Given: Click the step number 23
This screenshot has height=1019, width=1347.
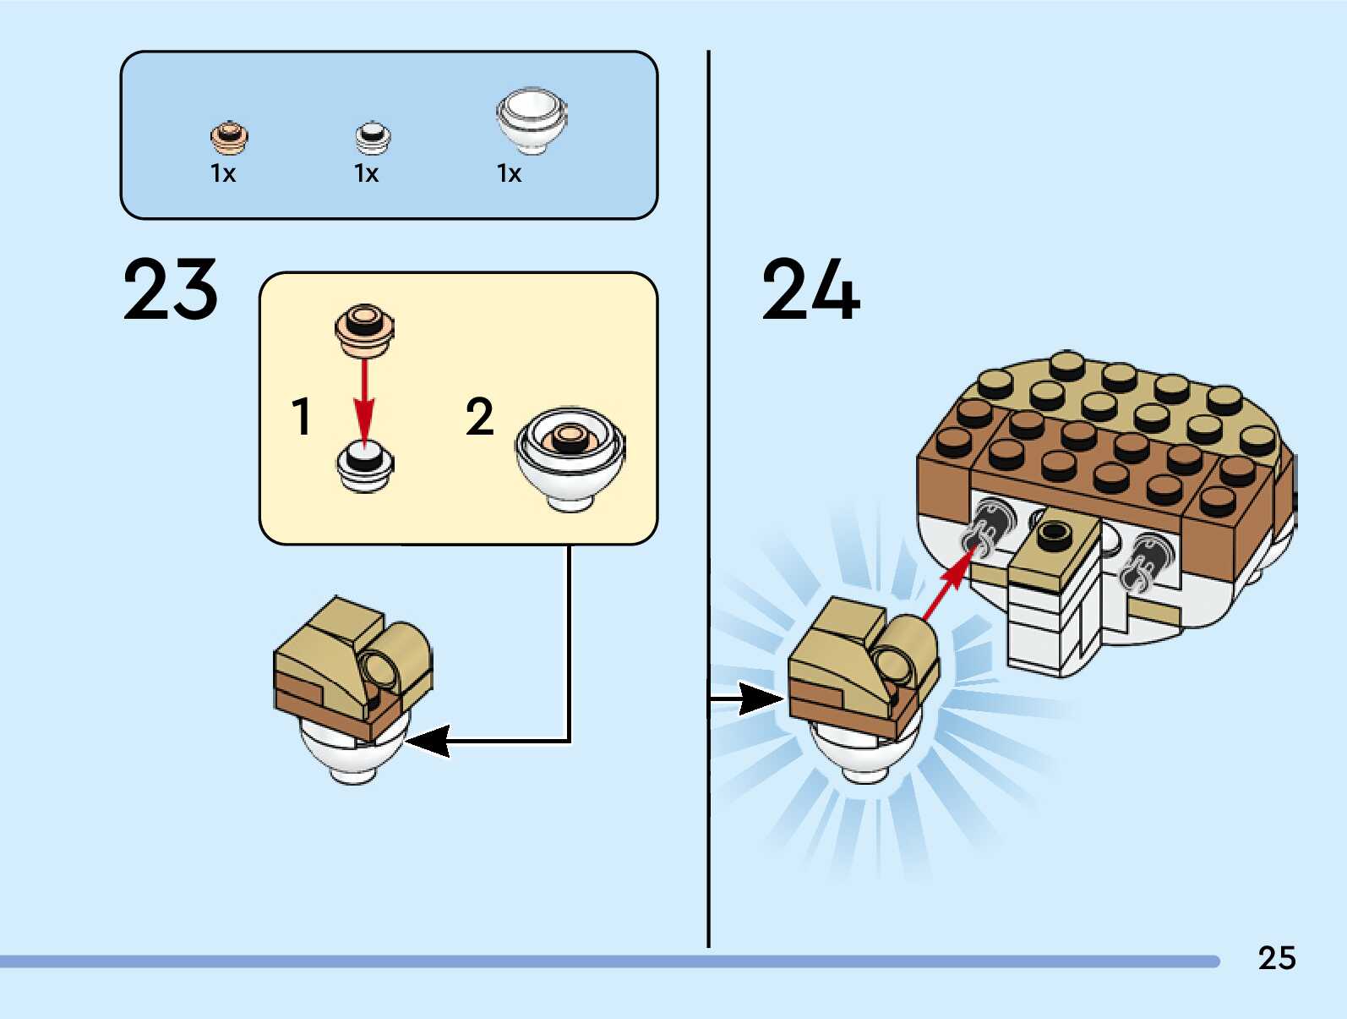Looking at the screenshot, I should coord(171,290).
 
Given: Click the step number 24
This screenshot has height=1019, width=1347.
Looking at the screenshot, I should coord(810,290).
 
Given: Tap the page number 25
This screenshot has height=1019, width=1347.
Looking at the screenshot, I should coord(1276,958).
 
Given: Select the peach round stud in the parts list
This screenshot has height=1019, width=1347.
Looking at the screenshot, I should coord(229,136).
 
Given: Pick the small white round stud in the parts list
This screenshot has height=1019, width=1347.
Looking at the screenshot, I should coord(373,137).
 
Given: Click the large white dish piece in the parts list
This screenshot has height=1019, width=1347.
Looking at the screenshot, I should coord(532,119).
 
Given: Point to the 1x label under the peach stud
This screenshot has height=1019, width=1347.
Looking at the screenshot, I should coord(223,173).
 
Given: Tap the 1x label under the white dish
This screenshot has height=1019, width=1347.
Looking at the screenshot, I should coord(510,173).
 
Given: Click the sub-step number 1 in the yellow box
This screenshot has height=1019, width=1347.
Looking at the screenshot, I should coord(301,416).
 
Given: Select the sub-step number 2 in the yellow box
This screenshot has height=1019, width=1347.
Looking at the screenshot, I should coord(479,417).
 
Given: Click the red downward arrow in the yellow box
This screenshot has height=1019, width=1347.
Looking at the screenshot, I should coord(364,397).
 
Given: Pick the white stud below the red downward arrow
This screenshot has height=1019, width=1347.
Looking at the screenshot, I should coord(365,467).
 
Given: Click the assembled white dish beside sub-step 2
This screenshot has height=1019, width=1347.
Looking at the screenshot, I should coord(570,458).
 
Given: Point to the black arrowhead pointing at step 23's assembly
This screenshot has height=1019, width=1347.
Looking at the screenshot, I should coord(428,742).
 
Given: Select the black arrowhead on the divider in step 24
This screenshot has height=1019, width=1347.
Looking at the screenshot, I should coord(760,699).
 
